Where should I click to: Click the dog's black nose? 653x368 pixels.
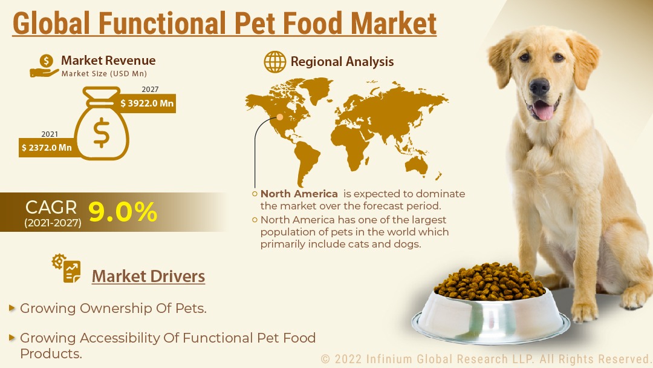539,87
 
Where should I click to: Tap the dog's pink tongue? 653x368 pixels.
544,111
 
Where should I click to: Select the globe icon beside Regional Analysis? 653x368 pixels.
275,62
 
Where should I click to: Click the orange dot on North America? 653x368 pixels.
280,117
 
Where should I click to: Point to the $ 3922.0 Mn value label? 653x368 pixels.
147,103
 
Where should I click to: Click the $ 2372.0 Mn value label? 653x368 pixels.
47,148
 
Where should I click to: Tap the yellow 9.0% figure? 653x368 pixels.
122,212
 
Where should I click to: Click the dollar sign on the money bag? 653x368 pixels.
102,133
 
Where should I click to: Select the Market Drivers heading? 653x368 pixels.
148,277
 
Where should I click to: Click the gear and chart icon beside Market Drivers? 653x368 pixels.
67,268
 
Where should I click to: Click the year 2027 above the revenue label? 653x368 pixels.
150,89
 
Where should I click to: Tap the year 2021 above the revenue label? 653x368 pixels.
50,134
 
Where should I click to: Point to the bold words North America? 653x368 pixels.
299,194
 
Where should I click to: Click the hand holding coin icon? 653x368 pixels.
45,66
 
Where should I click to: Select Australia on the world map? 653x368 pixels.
417,165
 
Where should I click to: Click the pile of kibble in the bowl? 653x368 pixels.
490,282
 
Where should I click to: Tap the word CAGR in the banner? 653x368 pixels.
51,207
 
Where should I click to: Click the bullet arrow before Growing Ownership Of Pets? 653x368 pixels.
12,309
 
